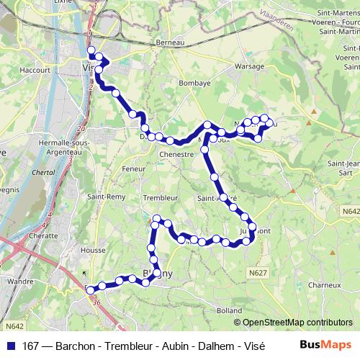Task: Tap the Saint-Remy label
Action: (x=102, y=197)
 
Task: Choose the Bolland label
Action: (x=229, y=310)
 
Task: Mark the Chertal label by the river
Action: (x=45, y=173)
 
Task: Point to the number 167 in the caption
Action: (x=31, y=344)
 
